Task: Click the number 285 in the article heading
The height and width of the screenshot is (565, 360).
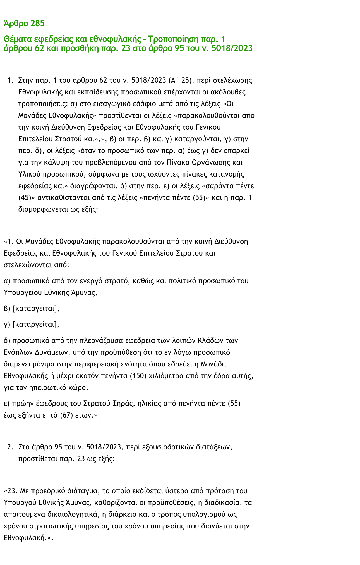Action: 38,24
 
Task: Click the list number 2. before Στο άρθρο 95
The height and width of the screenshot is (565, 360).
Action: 10,447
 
